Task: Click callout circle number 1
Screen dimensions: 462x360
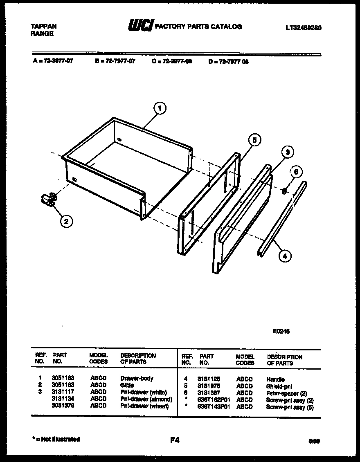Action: click(160, 108)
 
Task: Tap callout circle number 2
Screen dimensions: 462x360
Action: click(66, 221)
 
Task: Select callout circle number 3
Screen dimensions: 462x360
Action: click(288, 152)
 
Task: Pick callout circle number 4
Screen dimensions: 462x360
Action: click(285, 256)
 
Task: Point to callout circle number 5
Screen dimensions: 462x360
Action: click(254, 140)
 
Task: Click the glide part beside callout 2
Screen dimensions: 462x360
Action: click(49, 199)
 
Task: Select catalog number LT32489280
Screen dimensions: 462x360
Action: click(303, 28)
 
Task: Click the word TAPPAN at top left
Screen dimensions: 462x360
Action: click(43, 26)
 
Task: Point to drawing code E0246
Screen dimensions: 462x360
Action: click(281, 332)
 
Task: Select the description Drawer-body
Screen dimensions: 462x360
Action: click(137, 379)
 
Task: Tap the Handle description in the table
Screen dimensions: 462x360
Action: click(275, 379)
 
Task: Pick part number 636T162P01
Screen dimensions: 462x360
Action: click(214, 400)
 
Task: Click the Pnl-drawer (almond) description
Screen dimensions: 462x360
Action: click(146, 399)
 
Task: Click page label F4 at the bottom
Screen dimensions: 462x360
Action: click(175, 440)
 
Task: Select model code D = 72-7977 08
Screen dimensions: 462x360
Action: click(228, 62)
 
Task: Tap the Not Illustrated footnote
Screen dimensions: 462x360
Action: click(56, 440)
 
